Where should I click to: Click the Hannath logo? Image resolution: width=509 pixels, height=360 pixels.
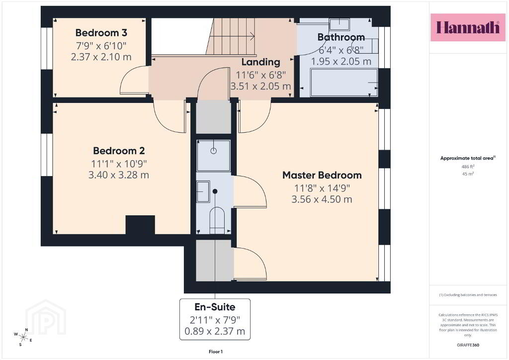click(468, 27)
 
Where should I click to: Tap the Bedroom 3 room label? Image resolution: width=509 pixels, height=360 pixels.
click(101, 33)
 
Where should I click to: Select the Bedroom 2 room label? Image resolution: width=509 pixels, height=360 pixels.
click(119, 151)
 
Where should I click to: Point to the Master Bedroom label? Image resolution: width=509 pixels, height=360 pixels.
click(322, 176)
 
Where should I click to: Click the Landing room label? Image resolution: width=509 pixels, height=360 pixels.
click(260, 62)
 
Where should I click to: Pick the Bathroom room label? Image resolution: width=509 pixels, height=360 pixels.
click(341, 37)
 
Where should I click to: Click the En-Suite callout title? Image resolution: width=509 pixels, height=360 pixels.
click(215, 307)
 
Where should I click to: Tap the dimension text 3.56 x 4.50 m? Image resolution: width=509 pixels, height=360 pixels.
click(322, 199)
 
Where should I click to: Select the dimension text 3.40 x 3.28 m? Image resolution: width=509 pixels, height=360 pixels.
click(119, 175)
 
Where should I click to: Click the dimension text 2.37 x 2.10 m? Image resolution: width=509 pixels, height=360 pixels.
click(101, 57)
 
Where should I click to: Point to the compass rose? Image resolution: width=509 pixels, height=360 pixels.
click(23, 337)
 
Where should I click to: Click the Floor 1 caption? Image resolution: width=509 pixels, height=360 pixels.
click(216, 352)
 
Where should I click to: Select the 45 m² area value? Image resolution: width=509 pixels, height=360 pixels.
click(468, 174)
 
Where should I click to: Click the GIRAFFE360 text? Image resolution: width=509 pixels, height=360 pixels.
click(468, 345)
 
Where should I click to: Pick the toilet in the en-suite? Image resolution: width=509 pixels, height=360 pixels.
click(217, 220)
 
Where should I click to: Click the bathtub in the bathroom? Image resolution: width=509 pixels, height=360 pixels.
click(344, 83)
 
